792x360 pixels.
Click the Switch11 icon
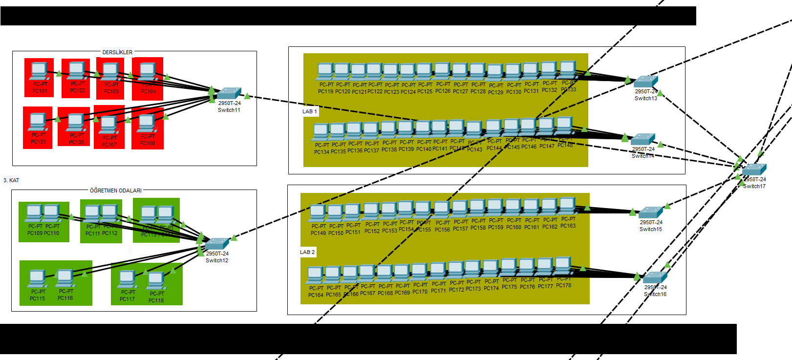(229, 93)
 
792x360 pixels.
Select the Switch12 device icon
(216, 244)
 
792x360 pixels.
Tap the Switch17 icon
(754, 170)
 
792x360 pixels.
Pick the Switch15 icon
(651, 212)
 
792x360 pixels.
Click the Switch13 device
(645, 82)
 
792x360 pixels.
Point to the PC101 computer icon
(39, 71)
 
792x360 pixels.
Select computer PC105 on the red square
(38, 122)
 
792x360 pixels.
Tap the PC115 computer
(37, 279)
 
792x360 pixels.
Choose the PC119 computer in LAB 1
(325, 71)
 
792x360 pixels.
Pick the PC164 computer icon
(315, 275)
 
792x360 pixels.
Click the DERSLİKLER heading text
(117, 52)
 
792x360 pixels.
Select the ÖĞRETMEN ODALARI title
(116, 191)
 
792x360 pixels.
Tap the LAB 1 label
(309, 111)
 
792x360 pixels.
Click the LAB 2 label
(307, 252)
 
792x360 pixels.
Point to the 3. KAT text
(11, 180)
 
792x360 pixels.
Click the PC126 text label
(443, 91)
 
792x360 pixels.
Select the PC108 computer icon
(147, 123)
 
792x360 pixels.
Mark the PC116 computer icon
(64, 278)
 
